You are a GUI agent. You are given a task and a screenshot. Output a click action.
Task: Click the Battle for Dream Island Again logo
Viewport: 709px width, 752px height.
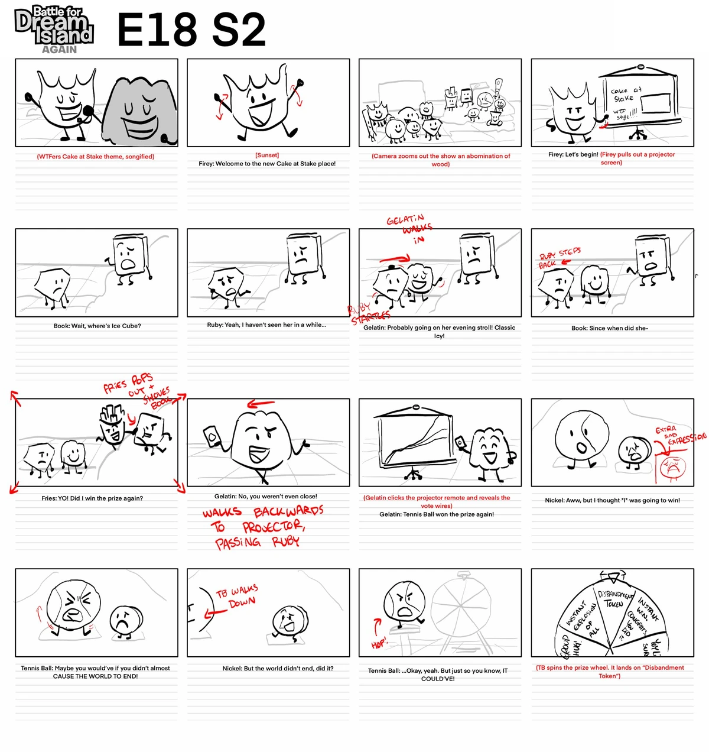[54, 30]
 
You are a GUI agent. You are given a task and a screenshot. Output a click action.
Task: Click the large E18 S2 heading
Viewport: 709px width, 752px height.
[191, 30]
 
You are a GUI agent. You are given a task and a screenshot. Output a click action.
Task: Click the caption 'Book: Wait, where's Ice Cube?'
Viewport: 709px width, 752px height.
[97, 326]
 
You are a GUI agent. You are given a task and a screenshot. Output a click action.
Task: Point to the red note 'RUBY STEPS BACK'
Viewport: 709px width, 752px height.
[559, 258]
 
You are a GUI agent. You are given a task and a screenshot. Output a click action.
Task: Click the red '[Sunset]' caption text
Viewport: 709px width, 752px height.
[267, 155]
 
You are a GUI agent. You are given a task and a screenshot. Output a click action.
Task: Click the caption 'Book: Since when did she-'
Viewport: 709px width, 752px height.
[609, 328]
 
